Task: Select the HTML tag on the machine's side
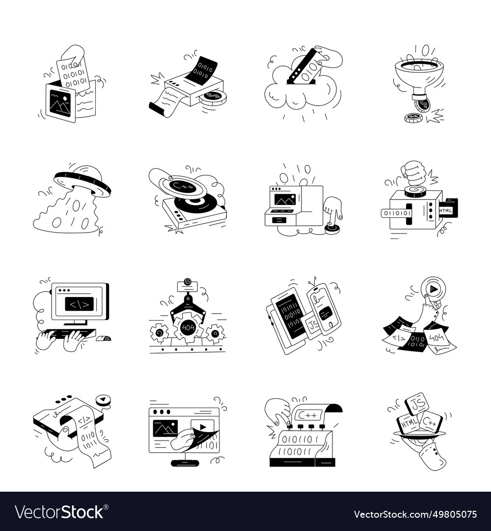pyautogui.click(x=445, y=210)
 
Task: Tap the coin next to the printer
pyautogui.click(x=213, y=97)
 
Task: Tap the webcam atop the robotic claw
pyautogui.click(x=187, y=282)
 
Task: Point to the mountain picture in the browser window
pyautogui.click(x=165, y=428)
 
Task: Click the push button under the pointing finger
pyautogui.click(x=332, y=227)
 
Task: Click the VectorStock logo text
pyautogui.click(x=59, y=512)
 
